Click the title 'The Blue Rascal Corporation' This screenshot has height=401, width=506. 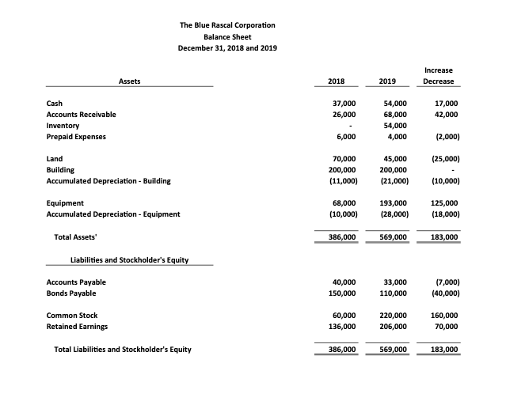click(x=227, y=25)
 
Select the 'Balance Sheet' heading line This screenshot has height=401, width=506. click(x=227, y=36)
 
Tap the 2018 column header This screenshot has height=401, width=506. click(x=336, y=81)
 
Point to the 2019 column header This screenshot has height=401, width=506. click(x=387, y=81)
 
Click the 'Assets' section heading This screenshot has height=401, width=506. click(x=129, y=81)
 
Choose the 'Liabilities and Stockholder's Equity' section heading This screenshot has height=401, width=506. click(x=129, y=259)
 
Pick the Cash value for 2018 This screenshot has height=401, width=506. click(x=343, y=104)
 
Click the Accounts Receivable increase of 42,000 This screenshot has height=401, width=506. click(x=445, y=115)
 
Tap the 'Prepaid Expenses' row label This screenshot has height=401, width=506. click(x=76, y=137)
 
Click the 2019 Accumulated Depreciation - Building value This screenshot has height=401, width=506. click(x=393, y=181)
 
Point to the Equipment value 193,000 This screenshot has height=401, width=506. click(x=392, y=203)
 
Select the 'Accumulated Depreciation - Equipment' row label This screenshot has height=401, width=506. click(x=113, y=214)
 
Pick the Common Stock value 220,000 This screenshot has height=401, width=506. click(x=392, y=316)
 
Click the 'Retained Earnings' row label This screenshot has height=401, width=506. click(x=78, y=327)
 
